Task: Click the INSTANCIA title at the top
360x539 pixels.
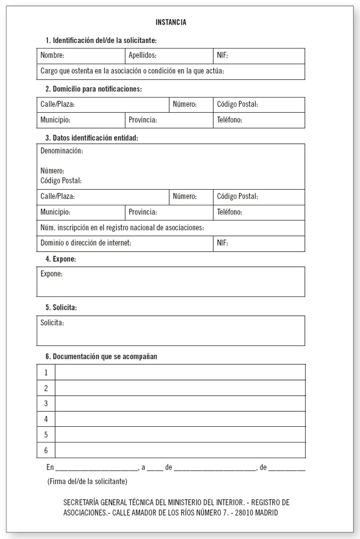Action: click(x=171, y=22)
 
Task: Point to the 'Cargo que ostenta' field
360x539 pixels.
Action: click(x=132, y=71)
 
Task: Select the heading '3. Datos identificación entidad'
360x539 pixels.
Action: click(x=92, y=138)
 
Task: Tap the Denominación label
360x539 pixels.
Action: click(x=61, y=150)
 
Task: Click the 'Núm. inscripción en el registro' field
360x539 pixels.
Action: click(x=122, y=227)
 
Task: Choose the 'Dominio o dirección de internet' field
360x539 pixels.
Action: click(x=86, y=243)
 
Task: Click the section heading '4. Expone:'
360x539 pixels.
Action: click(x=60, y=259)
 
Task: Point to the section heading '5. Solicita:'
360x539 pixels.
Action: click(x=61, y=308)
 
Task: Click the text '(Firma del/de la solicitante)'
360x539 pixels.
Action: click(x=87, y=480)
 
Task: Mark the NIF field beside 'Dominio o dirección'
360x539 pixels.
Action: click(x=259, y=243)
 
